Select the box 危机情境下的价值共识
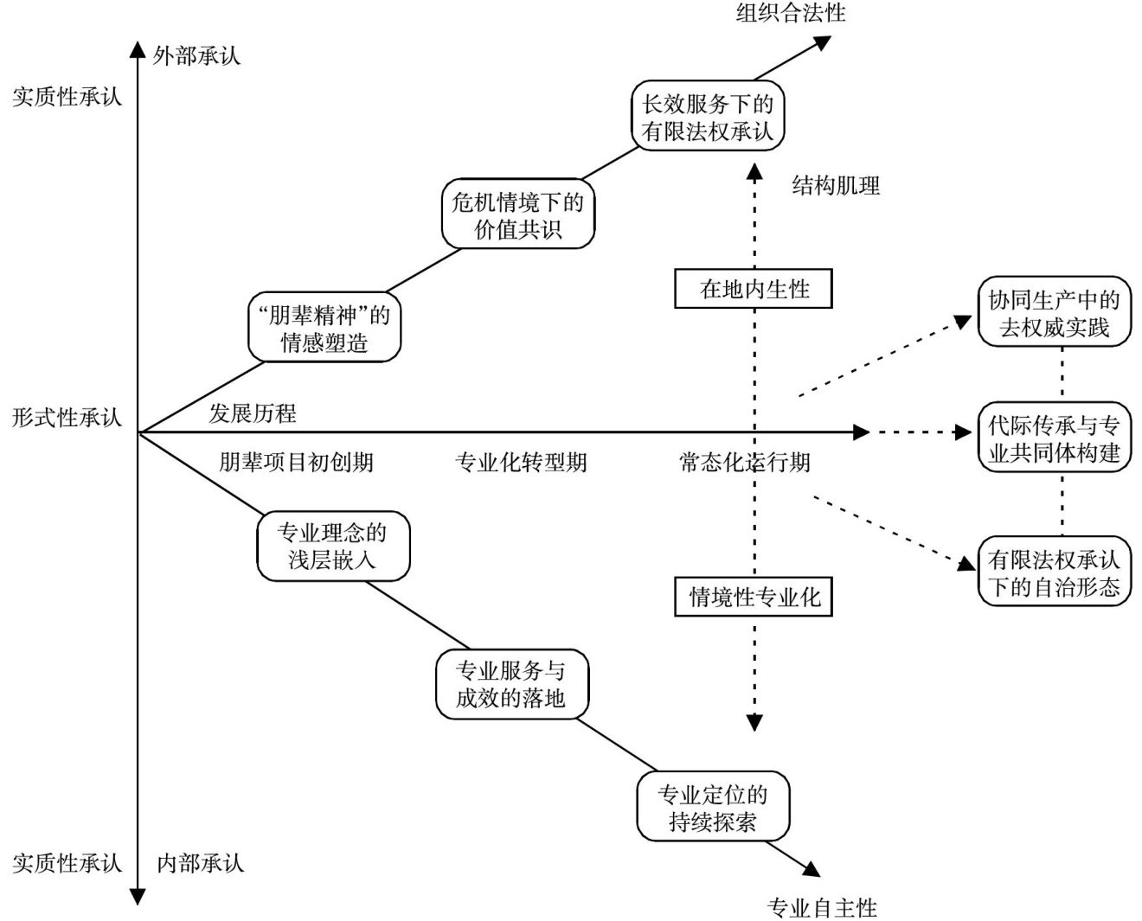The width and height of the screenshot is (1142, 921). (x=517, y=214)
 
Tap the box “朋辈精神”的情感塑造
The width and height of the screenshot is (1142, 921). (x=324, y=329)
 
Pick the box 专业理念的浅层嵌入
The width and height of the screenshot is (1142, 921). (x=332, y=546)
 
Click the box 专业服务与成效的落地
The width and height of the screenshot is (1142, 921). (x=510, y=684)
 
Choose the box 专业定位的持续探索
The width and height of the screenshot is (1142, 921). (x=713, y=808)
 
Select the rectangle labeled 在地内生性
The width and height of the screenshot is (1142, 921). (x=754, y=289)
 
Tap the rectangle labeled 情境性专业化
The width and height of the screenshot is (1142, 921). (x=754, y=597)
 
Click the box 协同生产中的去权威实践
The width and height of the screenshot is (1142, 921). (x=1054, y=313)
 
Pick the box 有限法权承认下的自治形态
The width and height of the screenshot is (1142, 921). (x=1054, y=572)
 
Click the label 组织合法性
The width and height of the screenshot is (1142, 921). (x=791, y=12)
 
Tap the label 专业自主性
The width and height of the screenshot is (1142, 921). (x=822, y=907)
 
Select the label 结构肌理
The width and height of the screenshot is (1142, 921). (x=836, y=185)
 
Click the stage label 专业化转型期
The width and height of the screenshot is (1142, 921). (x=521, y=463)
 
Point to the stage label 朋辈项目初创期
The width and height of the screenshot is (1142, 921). (x=296, y=463)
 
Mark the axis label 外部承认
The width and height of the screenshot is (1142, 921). (x=196, y=56)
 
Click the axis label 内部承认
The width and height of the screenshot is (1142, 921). (x=200, y=862)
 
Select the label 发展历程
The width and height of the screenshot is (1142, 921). (x=253, y=413)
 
